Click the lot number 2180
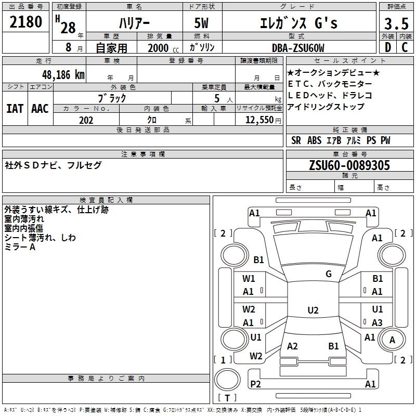[x=26, y=22]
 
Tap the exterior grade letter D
[x=387, y=47]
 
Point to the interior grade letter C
[x=404, y=47]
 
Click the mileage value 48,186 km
[x=60, y=74]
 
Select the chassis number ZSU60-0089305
[x=349, y=165]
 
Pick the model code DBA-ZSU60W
[x=298, y=48]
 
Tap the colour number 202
[x=86, y=120]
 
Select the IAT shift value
[x=15, y=108]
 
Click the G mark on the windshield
[x=328, y=274]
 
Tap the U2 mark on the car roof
[x=313, y=310]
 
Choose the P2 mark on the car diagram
[x=255, y=384]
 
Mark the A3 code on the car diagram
[x=377, y=322]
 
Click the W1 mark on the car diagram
[x=249, y=279]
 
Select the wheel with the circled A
[x=392, y=340]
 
